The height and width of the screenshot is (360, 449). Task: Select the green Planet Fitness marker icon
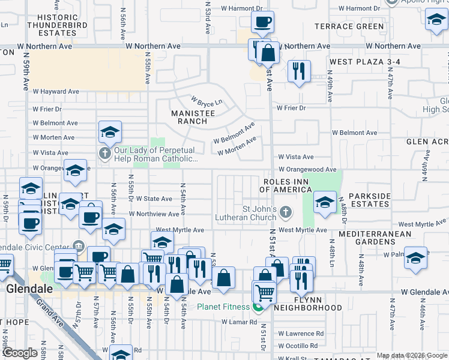[x=258, y=308]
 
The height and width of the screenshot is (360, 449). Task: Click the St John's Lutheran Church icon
[x=286, y=212]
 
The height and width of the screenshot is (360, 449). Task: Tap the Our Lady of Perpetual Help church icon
[x=105, y=154]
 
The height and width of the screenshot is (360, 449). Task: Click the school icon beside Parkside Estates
[x=325, y=202]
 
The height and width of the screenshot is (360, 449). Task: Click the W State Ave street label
[x=154, y=199]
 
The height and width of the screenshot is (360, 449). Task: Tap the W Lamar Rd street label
[x=238, y=322]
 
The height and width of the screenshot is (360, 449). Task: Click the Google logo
[x=19, y=353]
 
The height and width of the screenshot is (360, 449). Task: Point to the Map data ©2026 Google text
[x=411, y=355]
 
